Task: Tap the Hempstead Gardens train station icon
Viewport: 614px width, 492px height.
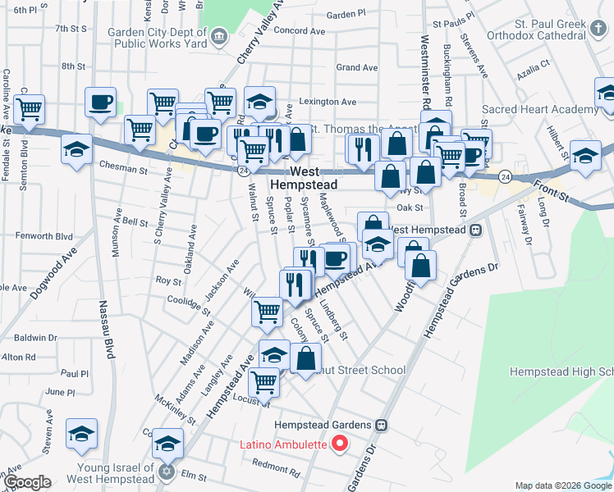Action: tap(381, 426)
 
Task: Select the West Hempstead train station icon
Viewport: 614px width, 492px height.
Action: tap(476, 230)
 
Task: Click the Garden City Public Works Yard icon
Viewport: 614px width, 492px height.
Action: tap(219, 35)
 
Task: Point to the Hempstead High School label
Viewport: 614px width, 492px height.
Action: tap(561, 371)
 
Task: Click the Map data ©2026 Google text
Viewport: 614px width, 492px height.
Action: tap(562, 485)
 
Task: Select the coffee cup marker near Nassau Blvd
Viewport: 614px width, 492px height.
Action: tap(101, 103)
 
